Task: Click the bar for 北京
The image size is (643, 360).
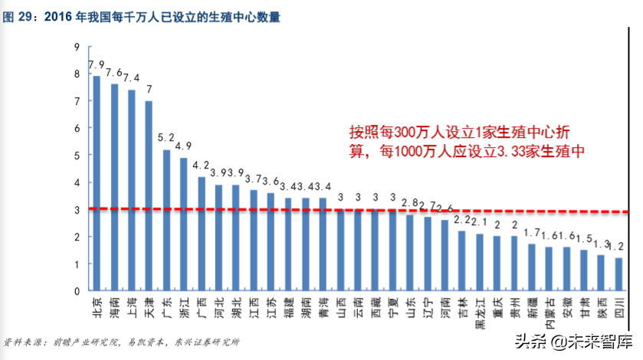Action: click(97, 183)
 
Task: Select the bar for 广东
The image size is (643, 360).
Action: click(166, 220)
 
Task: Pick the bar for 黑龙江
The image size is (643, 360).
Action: click(480, 262)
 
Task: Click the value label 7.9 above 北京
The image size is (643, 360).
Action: click(97, 64)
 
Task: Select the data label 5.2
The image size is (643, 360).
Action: click(166, 138)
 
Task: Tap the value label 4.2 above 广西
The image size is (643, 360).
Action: click(201, 165)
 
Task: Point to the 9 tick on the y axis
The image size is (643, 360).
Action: click(77, 47)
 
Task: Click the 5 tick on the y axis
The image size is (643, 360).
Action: click(77, 155)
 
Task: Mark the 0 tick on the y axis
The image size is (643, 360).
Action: click(77, 292)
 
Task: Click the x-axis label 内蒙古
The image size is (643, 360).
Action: click(549, 313)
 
